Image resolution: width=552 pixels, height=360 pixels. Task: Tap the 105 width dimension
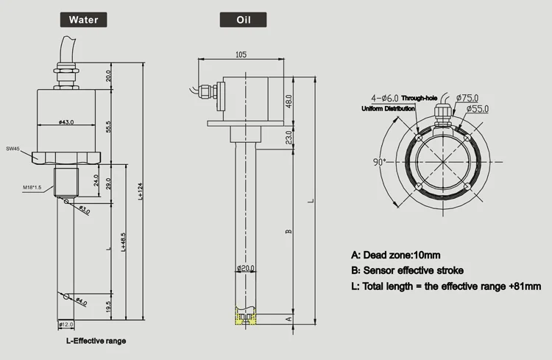[x=241, y=54]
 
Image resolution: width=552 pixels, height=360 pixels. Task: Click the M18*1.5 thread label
[x=33, y=188]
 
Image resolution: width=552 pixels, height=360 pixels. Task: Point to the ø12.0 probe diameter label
[x=66, y=325]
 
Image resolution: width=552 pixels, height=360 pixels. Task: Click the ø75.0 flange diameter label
[x=467, y=97]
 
